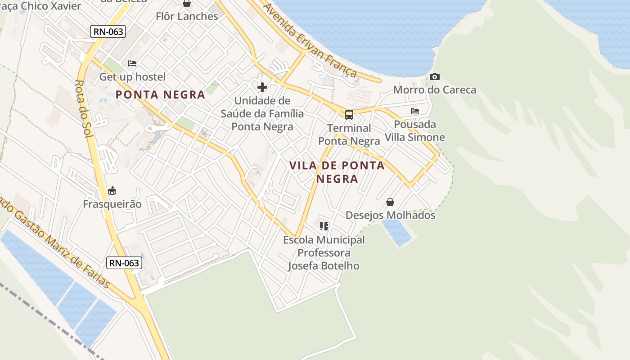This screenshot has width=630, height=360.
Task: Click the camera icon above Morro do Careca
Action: point(434,76)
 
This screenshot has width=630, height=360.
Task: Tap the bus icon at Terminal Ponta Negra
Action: point(349,114)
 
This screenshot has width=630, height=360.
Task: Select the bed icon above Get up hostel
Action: point(132,63)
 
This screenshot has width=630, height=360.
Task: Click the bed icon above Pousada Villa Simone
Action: point(414,111)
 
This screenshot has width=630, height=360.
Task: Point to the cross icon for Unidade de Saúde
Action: point(262,87)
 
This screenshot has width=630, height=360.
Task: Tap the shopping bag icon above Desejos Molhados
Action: point(390,202)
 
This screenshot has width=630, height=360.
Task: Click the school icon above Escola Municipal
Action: point(324,226)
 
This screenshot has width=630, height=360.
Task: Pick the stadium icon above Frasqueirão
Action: point(112,191)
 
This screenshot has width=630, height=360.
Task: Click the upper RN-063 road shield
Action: point(108,31)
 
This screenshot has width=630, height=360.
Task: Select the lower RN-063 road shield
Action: point(124,263)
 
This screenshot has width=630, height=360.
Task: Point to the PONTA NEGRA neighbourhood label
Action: point(160,95)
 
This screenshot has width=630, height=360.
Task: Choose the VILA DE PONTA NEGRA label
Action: point(337,172)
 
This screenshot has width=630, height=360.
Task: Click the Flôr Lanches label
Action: point(187,17)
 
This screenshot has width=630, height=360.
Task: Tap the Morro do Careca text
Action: point(434,90)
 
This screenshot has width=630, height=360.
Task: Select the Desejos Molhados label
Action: point(390,215)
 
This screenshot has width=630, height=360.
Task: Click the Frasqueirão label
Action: point(112,204)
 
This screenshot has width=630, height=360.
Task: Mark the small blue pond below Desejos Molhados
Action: point(397,232)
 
